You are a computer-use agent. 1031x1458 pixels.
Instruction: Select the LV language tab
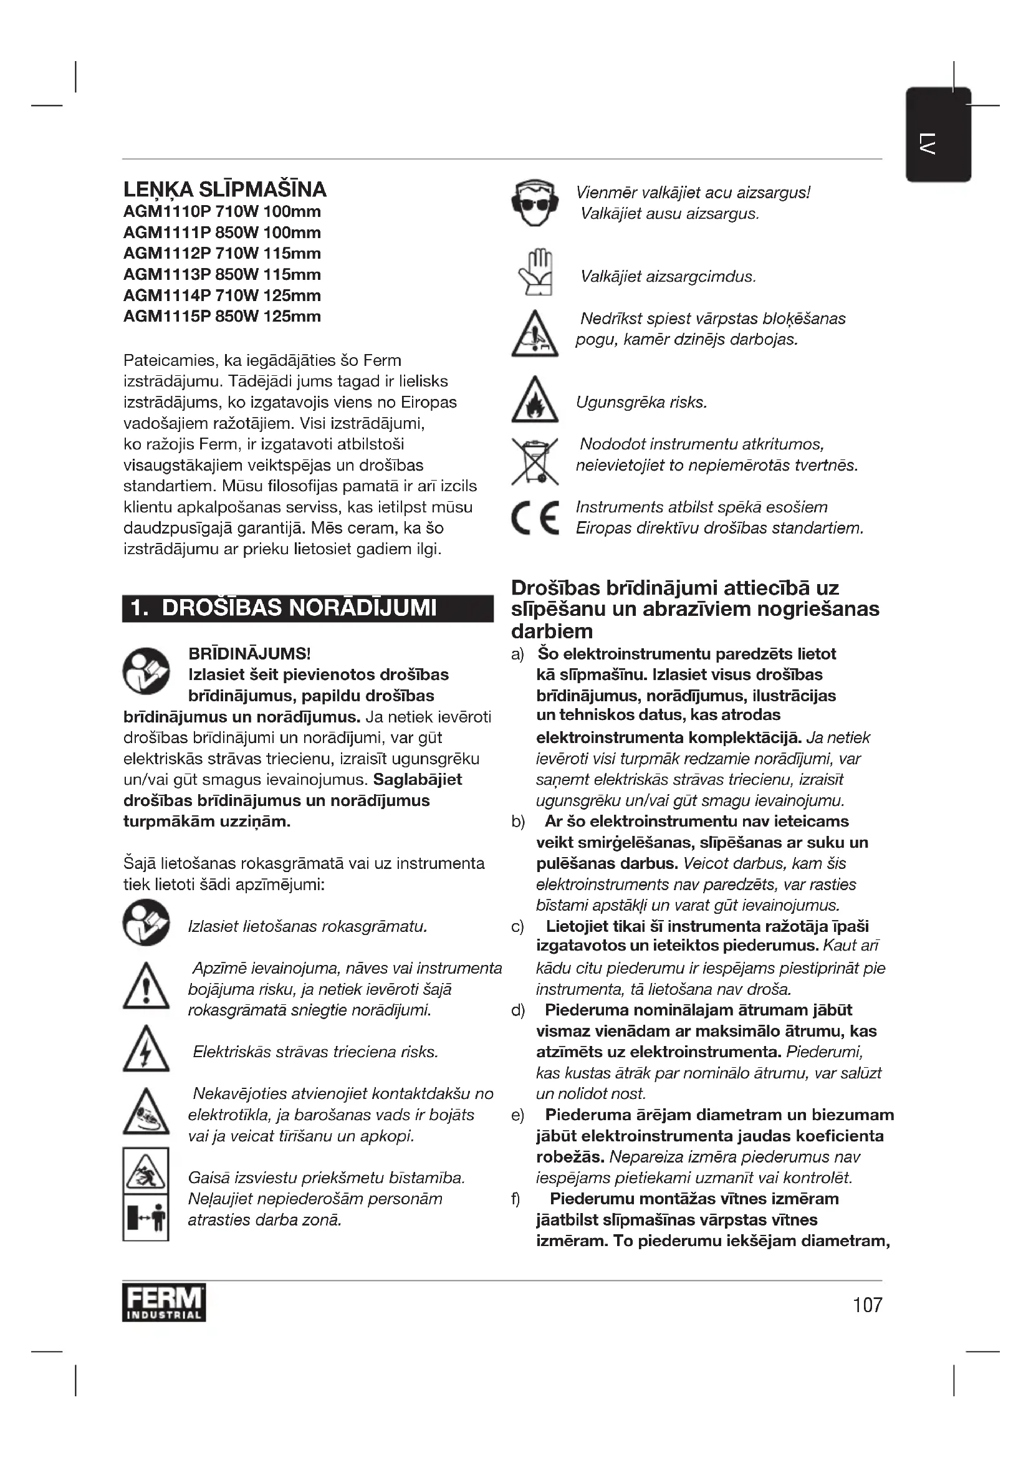pos(937,135)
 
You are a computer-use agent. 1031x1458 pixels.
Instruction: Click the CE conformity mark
pos(535,517)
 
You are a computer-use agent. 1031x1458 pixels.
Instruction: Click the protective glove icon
pos(536,272)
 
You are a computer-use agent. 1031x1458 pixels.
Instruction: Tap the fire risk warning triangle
pos(535,400)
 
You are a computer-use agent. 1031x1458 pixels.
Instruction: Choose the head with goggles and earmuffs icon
pos(535,203)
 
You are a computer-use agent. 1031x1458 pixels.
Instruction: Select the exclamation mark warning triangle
pos(146,987)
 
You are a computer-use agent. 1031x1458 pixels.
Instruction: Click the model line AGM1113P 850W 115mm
pos(222,274)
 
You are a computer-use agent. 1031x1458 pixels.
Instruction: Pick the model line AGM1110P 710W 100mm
pos(222,211)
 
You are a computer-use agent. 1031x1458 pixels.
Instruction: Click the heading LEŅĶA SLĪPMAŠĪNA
pos(225,189)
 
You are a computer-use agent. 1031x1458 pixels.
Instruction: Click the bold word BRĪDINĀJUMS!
pos(249,653)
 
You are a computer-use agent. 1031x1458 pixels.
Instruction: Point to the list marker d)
pos(518,1010)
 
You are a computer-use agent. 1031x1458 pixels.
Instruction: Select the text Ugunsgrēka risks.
pos(641,402)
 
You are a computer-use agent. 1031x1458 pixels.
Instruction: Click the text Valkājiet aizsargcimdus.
pos(668,277)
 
